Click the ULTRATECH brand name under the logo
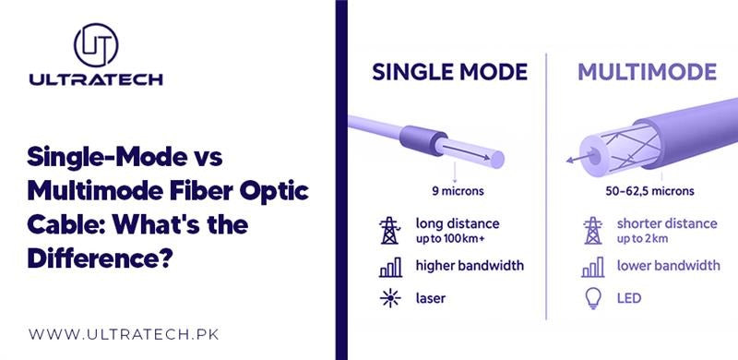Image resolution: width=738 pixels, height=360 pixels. click(97, 79)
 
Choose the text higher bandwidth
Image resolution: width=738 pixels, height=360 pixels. click(470, 266)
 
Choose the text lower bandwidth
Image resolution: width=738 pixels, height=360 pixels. click(668, 266)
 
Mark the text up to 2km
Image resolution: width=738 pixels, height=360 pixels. click(644, 239)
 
